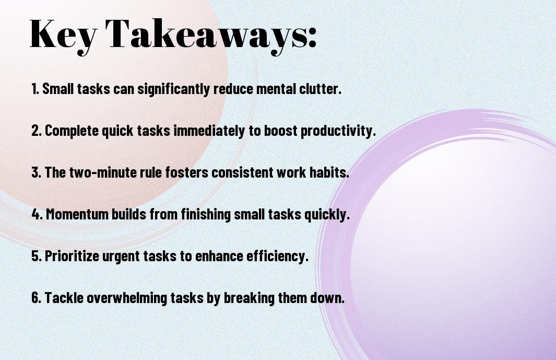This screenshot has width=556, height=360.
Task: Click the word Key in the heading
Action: (x=63, y=36)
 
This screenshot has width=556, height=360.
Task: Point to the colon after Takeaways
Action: (x=312, y=37)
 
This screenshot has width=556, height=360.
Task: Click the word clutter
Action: (x=320, y=89)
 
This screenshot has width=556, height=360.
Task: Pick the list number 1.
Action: (x=35, y=89)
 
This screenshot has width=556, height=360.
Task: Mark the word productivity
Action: (x=338, y=131)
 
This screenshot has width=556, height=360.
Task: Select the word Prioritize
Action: (x=72, y=256)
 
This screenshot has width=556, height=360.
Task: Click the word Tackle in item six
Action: (x=64, y=297)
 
